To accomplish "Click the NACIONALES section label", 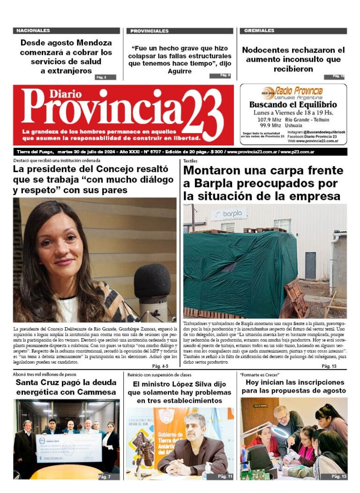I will tap(33, 30).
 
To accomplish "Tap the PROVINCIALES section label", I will tap(150, 31).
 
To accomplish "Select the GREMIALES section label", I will tap(259, 30).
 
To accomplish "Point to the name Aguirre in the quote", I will tap(180, 71).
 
